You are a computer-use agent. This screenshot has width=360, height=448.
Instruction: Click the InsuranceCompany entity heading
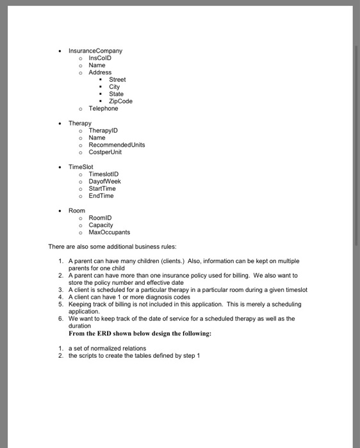95,51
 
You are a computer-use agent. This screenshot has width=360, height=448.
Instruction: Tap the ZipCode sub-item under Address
120,101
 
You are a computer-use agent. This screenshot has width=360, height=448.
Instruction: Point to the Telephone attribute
103,109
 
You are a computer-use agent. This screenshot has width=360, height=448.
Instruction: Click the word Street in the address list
117,80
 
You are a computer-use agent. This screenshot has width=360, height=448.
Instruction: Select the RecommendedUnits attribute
117,145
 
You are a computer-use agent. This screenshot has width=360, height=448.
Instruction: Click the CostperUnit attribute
105,152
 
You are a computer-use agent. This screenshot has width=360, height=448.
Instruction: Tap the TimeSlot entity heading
81,166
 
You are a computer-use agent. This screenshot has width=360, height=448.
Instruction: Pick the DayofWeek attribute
104,181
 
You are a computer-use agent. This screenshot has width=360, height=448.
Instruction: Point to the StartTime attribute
102,189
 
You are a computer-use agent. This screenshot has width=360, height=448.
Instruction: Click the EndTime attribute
101,196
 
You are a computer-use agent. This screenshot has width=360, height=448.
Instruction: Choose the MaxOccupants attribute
109,232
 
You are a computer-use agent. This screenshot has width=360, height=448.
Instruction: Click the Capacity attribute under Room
101,225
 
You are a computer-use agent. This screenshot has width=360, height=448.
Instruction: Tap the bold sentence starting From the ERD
140,333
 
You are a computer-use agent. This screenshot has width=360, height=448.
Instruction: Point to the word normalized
101,349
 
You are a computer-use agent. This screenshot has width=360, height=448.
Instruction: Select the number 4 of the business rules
60,297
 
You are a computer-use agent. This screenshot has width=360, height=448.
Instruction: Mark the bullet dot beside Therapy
59,124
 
